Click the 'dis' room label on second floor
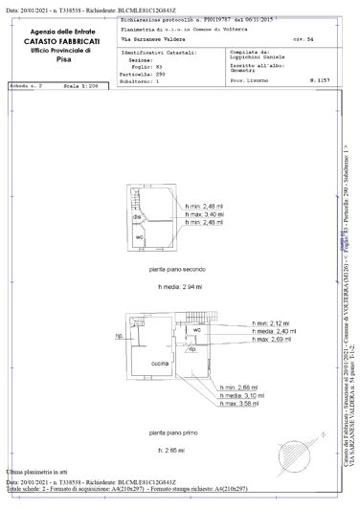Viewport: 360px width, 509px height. (137, 218)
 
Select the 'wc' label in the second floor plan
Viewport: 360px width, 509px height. (138, 236)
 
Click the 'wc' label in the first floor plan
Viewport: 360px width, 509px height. (195, 330)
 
